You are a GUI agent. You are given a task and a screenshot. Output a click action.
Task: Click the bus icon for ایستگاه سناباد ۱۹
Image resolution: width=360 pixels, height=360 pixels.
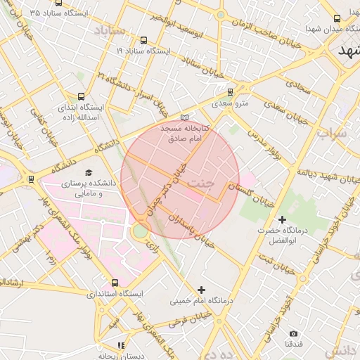[144, 40]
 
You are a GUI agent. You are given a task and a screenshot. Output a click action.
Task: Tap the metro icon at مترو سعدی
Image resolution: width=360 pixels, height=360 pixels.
[230, 92]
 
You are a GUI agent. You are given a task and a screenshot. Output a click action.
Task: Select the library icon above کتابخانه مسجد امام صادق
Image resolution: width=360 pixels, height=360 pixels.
[184, 117]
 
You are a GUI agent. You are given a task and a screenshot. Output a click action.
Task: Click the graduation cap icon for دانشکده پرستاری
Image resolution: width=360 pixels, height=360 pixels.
[89, 173]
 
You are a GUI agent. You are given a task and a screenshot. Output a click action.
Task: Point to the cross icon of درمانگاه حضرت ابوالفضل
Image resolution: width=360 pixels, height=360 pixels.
[282, 220]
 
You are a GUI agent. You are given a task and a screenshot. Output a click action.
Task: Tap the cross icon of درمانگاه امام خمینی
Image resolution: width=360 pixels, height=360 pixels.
[202, 289]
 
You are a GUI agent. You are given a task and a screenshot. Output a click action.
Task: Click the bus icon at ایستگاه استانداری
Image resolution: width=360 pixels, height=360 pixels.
[115, 283]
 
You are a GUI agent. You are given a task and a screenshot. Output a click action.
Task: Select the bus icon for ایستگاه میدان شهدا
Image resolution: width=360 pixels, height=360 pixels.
[337, 18]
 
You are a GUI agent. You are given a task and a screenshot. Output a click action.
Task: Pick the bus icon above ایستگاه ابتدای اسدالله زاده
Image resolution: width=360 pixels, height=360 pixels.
[81, 96]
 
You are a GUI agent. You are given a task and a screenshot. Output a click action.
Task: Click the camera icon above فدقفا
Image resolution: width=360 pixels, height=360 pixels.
[293, 333]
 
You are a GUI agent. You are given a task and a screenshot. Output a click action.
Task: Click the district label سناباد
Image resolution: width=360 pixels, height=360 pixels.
[109, 32]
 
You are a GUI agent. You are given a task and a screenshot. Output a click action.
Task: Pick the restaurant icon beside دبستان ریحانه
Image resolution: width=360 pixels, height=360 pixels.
[122, 345]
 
